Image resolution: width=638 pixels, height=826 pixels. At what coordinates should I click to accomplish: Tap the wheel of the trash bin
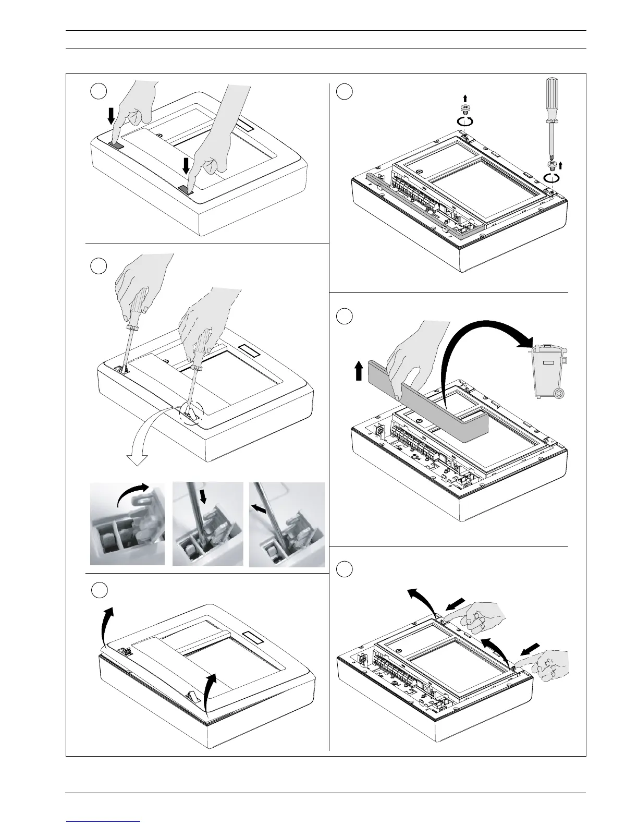[559, 395]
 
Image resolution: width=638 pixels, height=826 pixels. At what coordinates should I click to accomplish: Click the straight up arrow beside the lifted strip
[358, 372]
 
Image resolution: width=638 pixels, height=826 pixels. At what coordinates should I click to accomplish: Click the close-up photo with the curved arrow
[127, 524]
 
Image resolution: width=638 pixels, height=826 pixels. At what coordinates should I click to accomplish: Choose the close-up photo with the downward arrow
[207, 524]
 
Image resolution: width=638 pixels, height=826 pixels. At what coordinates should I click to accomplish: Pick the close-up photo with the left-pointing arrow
[287, 524]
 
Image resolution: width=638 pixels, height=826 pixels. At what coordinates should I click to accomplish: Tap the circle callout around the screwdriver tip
[190, 416]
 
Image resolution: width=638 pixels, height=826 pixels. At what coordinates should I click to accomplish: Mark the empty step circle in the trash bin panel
[343, 315]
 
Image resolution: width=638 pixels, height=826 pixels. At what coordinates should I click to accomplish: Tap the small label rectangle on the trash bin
[547, 361]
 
